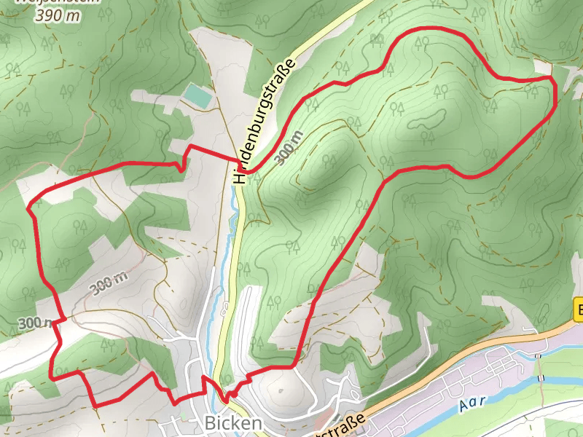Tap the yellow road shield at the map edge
pyautogui.click(x=578, y=310)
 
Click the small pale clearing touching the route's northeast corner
pyautogui.click(x=543, y=68)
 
